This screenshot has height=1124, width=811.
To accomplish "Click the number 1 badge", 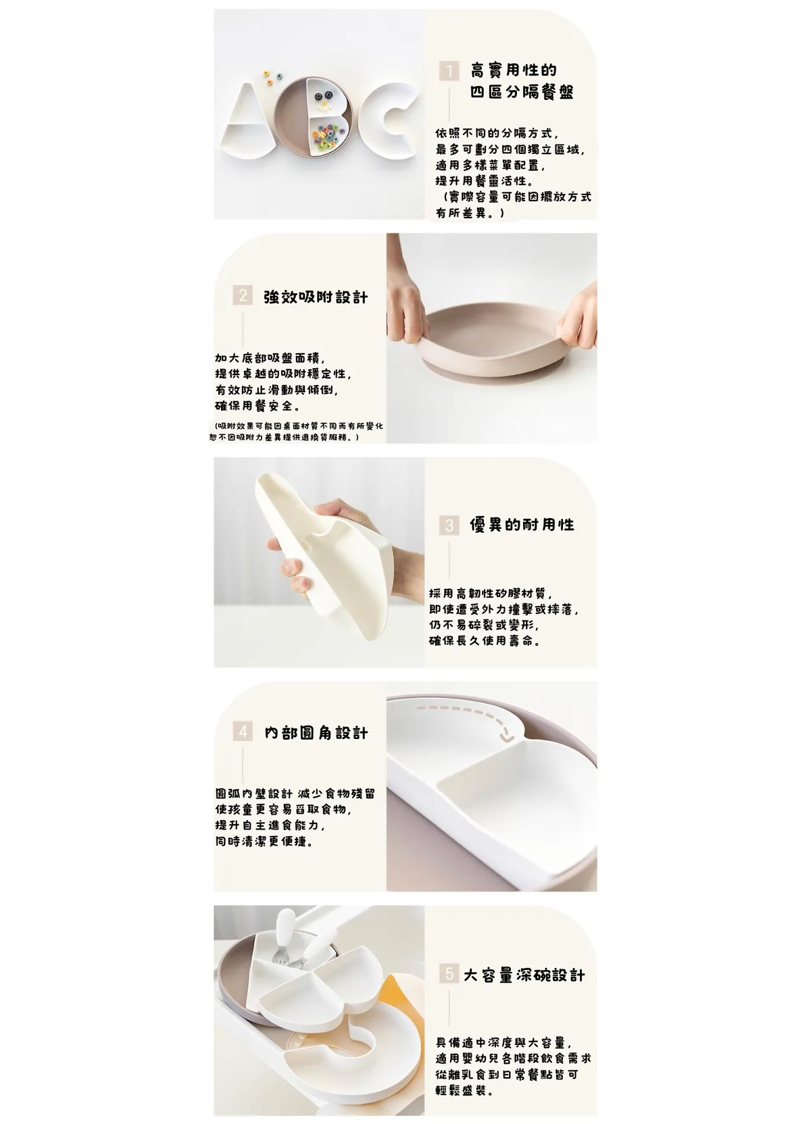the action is (449, 71).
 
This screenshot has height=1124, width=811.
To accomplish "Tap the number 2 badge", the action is (243, 296).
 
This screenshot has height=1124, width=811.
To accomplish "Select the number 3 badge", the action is (449, 525).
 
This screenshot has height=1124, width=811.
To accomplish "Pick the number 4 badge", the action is (243, 732).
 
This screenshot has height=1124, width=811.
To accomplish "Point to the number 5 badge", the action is (449, 975).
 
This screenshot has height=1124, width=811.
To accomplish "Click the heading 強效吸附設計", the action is (316, 297).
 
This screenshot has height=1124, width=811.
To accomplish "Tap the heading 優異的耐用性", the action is (522, 525).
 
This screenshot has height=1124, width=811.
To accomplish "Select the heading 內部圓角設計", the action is (316, 733).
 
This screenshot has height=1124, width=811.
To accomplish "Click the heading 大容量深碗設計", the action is (524, 975).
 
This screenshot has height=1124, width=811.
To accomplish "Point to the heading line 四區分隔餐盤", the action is (522, 93).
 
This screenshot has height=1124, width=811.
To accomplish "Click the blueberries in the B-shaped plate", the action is (322, 97).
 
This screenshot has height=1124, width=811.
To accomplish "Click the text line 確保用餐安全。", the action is (257, 406).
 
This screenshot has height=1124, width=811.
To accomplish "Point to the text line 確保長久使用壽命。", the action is (484, 641).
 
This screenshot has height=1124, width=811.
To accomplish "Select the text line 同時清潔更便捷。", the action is (264, 842).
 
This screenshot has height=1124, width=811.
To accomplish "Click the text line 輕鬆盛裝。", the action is (464, 1090).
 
